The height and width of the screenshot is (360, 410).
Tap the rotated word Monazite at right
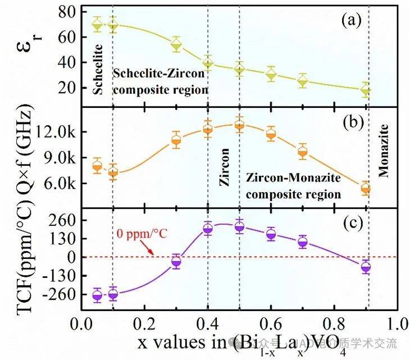(x=384, y=157)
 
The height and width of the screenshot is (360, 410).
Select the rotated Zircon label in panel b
(x=225, y=168)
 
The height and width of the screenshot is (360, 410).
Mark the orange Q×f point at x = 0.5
(x=240, y=126)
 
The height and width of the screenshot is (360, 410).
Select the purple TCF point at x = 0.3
(x=176, y=261)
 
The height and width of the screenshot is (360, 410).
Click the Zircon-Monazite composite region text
(x=294, y=186)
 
